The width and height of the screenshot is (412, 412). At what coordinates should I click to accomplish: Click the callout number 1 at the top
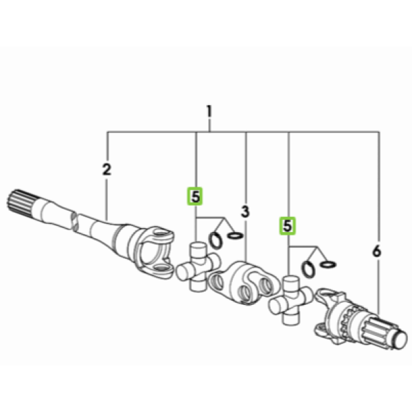(x=209, y=111)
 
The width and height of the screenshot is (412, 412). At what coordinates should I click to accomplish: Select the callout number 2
(x=106, y=170)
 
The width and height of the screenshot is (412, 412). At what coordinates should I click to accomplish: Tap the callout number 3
(x=245, y=211)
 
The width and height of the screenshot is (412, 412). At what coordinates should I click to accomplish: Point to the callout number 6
(x=376, y=251)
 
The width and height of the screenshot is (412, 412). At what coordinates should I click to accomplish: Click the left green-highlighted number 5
(x=195, y=196)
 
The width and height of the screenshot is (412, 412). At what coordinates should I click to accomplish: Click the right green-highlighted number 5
(x=288, y=226)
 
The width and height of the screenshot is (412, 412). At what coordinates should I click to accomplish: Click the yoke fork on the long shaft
(x=155, y=252)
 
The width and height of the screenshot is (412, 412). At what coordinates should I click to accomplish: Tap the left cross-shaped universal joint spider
(x=198, y=266)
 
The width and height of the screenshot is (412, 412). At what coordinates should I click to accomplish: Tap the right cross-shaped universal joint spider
(x=290, y=300)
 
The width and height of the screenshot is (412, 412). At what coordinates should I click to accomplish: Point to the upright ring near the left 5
(x=216, y=240)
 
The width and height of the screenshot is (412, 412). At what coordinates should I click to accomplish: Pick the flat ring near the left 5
(x=235, y=236)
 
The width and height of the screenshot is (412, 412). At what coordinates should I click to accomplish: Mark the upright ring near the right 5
(x=308, y=269)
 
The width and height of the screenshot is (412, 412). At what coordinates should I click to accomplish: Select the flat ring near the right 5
(x=328, y=264)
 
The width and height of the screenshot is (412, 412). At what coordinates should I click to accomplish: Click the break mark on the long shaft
(x=74, y=222)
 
